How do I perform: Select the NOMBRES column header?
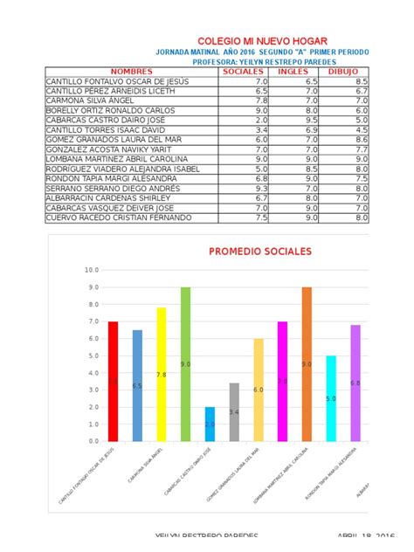click(132, 72)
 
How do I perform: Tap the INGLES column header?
click(293, 72)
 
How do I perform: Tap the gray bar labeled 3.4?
click(234, 411)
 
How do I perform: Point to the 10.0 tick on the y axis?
click(92, 270)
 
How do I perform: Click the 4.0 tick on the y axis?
click(92, 373)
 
